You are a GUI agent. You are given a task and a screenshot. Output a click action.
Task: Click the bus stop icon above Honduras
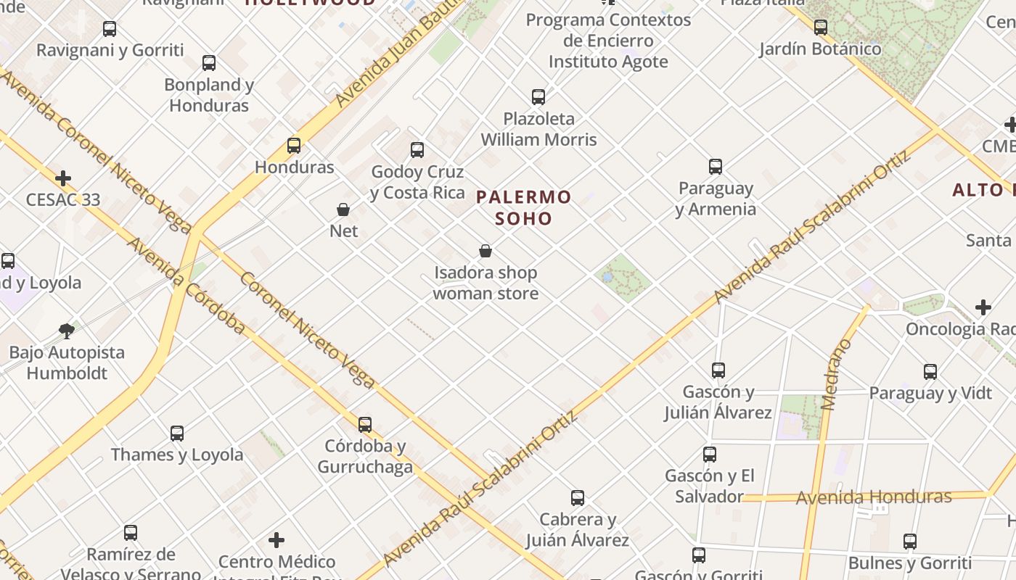pyautogui.click(x=294, y=146)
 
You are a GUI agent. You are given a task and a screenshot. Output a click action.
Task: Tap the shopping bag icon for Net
pyautogui.click(x=343, y=210)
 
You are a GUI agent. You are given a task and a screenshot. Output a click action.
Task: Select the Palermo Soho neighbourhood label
pyautogui.click(x=524, y=207)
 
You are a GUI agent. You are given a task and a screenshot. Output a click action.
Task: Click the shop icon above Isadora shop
pyautogui.click(x=486, y=252)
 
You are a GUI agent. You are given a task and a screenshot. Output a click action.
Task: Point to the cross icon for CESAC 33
pyautogui.click(x=63, y=178)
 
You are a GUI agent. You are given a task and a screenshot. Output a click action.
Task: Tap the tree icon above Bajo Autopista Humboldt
pyautogui.click(x=67, y=331)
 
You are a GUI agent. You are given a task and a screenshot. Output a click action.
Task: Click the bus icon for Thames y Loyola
pyautogui.click(x=177, y=434)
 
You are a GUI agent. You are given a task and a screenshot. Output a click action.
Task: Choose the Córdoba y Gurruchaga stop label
pyautogui.click(x=364, y=456)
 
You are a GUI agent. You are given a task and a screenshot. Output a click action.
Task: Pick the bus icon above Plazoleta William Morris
pyautogui.click(x=538, y=97)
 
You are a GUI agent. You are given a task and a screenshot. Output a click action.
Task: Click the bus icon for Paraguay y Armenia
pyautogui.click(x=716, y=167)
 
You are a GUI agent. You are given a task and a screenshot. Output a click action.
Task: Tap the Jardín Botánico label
pyautogui.click(x=820, y=49)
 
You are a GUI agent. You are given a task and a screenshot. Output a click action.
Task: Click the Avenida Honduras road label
pyautogui.click(x=874, y=497)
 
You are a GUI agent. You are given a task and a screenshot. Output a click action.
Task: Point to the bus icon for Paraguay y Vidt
pyautogui.click(x=930, y=372)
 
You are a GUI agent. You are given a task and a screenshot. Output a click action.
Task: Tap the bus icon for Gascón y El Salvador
pyautogui.click(x=710, y=455)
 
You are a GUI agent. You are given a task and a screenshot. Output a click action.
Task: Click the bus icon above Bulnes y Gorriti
pyautogui.click(x=910, y=542)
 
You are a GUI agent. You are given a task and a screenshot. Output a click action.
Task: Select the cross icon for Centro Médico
pyautogui.click(x=276, y=540)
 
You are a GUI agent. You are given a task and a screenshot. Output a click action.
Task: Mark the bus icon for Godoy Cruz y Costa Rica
pyautogui.click(x=417, y=150)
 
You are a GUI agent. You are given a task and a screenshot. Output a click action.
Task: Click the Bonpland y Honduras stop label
pyautogui.click(x=209, y=95)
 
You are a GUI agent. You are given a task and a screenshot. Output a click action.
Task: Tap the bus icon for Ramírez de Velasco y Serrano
pyautogui.click(x=131, y=533)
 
